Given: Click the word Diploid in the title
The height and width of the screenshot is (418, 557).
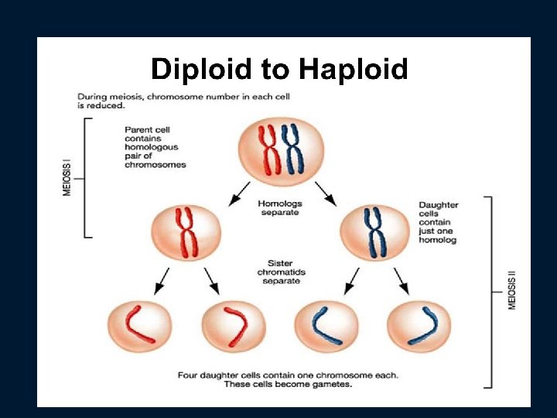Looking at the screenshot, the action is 202,69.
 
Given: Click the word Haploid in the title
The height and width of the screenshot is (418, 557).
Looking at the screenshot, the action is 353,69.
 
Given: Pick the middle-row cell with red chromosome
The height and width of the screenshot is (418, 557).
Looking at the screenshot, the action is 186,232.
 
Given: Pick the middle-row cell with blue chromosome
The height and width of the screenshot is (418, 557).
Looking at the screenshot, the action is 374,232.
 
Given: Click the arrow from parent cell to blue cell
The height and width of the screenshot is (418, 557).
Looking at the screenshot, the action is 326,194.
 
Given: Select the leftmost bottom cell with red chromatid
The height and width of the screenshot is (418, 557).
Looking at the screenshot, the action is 139,326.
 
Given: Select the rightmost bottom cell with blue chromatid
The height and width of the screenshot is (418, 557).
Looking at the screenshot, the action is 419,326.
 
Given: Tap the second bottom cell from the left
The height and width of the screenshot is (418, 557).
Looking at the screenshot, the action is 233,326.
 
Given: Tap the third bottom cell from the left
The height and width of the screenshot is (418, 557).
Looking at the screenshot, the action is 326,326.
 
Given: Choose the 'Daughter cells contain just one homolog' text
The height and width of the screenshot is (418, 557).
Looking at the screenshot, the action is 439,222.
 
